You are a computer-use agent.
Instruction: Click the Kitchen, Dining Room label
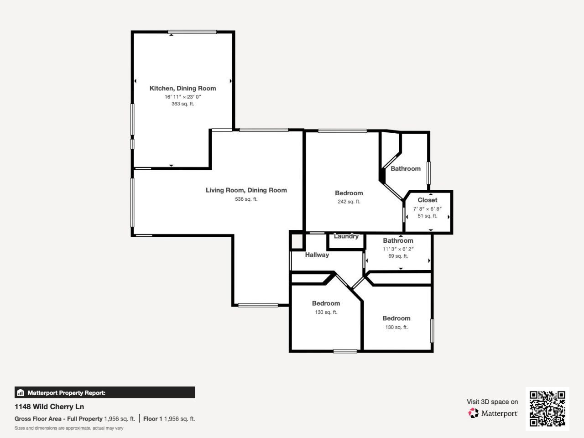click(182, 89)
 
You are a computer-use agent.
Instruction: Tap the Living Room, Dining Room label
click(246, 190)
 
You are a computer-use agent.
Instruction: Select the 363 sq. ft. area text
click(182, 104)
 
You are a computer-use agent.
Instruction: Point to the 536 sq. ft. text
click(246, 199)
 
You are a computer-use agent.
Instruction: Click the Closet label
click(428, 200)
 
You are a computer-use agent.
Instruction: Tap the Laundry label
click(346, 236)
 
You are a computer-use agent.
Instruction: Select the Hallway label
click(317, 255)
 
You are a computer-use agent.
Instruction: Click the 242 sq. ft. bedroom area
click(349, 202)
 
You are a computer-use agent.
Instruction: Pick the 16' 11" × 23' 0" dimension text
click(182, 97)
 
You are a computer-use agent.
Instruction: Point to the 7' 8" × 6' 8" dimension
click(428, 209)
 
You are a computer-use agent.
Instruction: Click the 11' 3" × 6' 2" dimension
click(398, 249)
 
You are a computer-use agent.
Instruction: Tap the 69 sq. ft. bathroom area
click(398, 256)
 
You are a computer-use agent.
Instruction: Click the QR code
click(547, 408)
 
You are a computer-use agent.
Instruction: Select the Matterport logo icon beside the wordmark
click(473, 413)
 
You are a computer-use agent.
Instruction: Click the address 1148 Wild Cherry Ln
click(49, 407)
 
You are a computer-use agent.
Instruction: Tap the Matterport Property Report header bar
click(105, 392)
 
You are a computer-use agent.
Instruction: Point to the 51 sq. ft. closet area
click(428, 216)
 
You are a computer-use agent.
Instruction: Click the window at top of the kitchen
click(192, 32)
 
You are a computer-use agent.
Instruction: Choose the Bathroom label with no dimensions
click(406, 169)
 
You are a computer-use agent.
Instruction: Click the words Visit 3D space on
click(492, 402)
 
